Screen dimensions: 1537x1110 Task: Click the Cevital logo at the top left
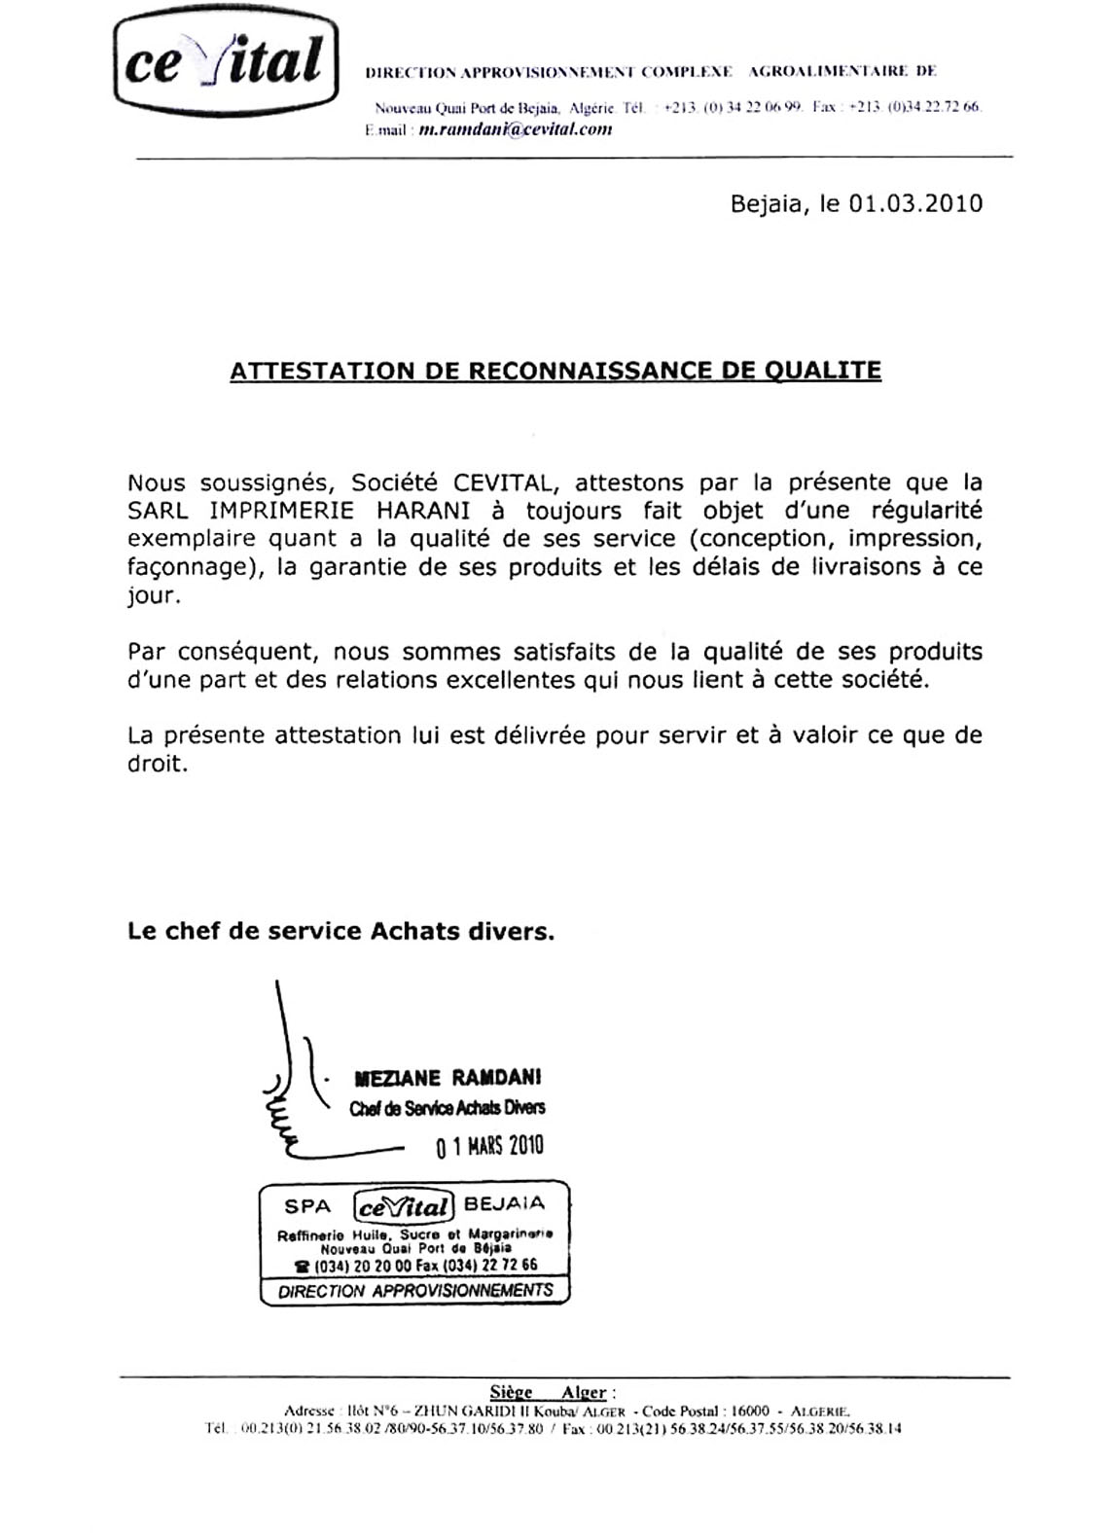click(x=226, y=61)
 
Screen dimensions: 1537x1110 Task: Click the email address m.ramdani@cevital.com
click(x=515, y=129)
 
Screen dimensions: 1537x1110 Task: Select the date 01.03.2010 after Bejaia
click(x=915, y=204)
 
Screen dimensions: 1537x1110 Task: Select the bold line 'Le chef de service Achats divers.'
click(x=340, y=932)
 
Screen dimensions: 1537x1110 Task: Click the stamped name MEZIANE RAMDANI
click(x=448, y=1078)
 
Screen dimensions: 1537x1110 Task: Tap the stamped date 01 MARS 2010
click(x=489, y=1146)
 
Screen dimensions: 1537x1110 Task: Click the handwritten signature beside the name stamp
click(x=292, y=1090)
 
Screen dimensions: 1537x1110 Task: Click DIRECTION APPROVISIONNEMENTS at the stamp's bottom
click(x=415, y=1291)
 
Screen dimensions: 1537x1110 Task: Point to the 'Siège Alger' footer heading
click(x=553, y=1393)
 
